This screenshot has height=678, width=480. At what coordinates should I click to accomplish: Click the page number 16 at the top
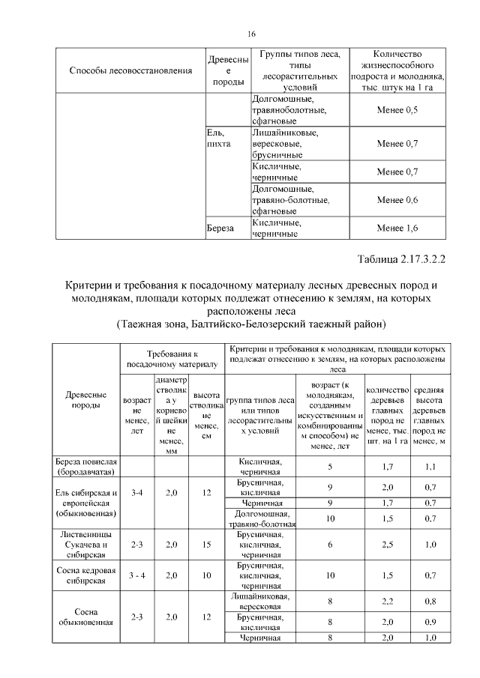(x=251, y=34)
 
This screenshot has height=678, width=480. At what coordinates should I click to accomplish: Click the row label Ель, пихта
(x=219, y=138)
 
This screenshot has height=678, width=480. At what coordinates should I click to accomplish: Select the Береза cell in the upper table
(x=220, y=225)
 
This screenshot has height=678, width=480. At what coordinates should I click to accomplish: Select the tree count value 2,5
(x=386, y=545)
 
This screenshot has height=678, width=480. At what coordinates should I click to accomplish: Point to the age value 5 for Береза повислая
(x=329, y=467)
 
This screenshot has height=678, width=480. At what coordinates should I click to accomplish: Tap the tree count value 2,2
(x=386, y=600)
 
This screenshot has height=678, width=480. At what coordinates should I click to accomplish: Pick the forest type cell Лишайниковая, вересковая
(x=260, y=601)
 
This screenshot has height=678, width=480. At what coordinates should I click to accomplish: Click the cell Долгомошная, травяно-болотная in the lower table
(x=260, y=518)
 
